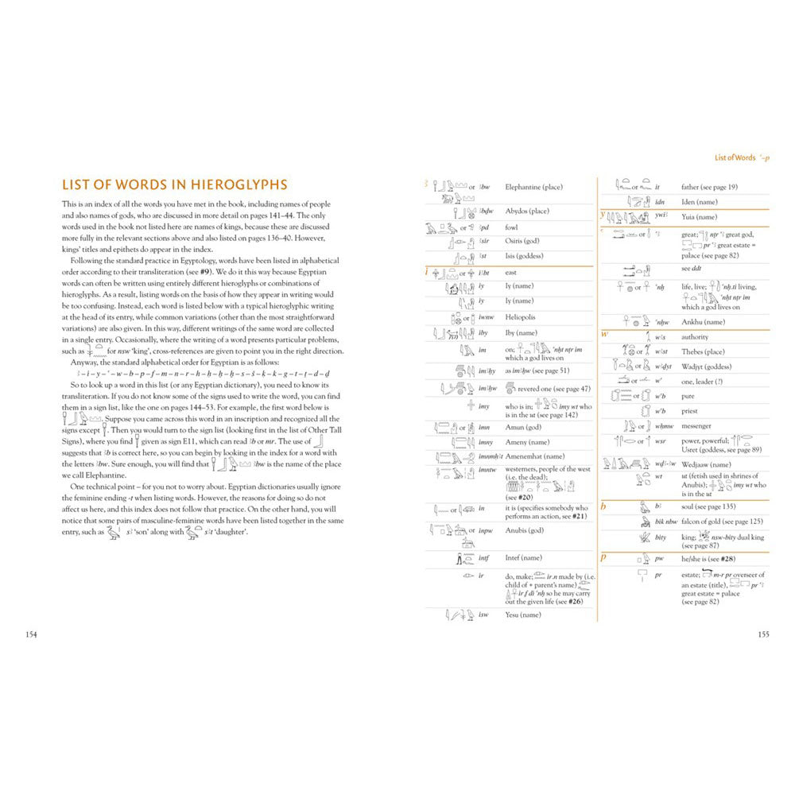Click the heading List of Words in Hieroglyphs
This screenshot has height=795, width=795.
click(174, 185)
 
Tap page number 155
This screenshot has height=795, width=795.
click(763, 634)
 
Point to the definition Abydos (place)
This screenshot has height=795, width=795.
click(527, 211)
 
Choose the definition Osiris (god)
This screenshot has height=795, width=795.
click(522, 241)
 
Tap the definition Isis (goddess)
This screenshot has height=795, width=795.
click(525, 256)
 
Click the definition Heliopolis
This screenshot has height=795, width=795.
click(521, 316)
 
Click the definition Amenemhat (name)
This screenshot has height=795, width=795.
click(535, 456)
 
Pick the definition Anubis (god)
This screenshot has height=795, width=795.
click(525, 530)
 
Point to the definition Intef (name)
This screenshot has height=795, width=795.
click(523, 558)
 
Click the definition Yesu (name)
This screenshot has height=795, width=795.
click(523, 615)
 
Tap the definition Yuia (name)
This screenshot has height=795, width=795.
click(699, 216)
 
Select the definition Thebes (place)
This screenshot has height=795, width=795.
click(703, 351)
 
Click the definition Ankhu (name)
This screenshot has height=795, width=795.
click(703, 322)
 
